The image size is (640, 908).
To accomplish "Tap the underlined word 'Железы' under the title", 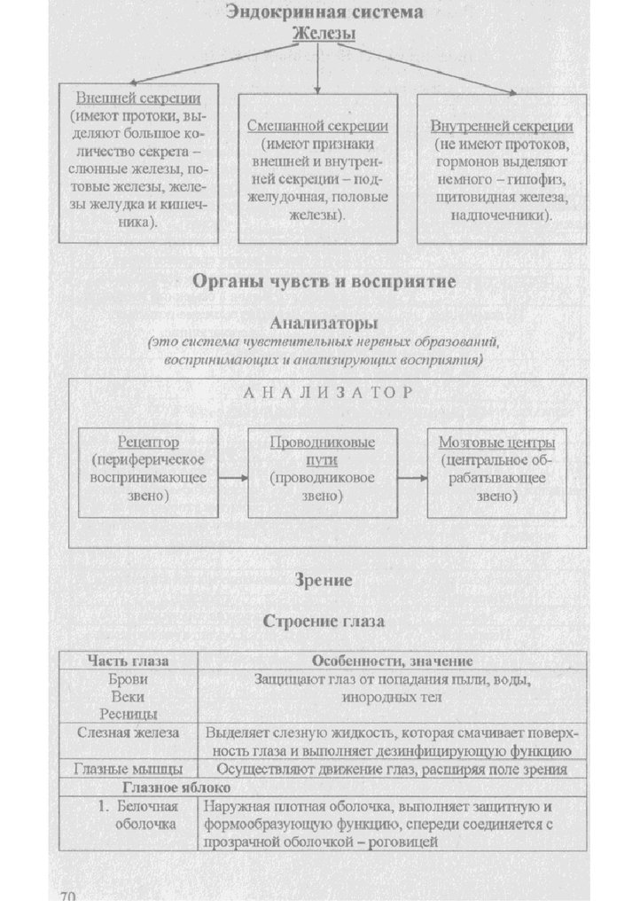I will pos(323,33).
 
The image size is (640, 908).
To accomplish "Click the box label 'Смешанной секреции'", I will pos(317,127).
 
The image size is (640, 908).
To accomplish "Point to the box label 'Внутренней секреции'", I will pos(502,127).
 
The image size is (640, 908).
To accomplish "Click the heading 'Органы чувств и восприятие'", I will pos(324,282).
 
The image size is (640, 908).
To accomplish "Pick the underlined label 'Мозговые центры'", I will pos(497,442).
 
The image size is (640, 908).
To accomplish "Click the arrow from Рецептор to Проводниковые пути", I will pos(232,478).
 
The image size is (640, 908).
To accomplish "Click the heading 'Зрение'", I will pos(324,581).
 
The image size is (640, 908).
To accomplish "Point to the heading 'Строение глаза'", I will pos(324,621).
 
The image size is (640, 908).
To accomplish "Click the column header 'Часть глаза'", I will pos(129,661).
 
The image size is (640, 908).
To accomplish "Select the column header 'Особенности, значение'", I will pos(392,661).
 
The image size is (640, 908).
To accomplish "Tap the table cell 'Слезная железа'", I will pos(129,733).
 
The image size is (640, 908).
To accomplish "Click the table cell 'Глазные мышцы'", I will pos(129,769).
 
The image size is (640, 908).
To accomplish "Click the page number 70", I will pos(69,897).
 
